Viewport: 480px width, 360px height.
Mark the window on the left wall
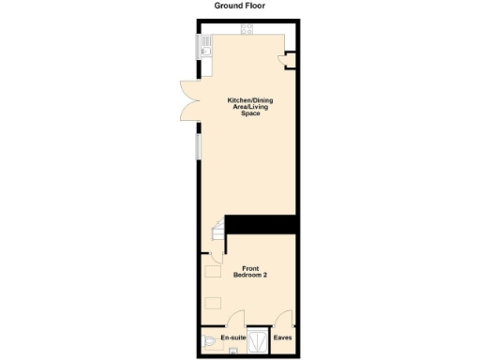tap(197, 145)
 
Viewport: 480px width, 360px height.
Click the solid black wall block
tap(261, 226)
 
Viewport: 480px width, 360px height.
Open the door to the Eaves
tap(282, 319)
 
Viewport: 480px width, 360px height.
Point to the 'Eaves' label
tap(282, 337)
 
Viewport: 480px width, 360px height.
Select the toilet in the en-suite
tap(207, 344)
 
